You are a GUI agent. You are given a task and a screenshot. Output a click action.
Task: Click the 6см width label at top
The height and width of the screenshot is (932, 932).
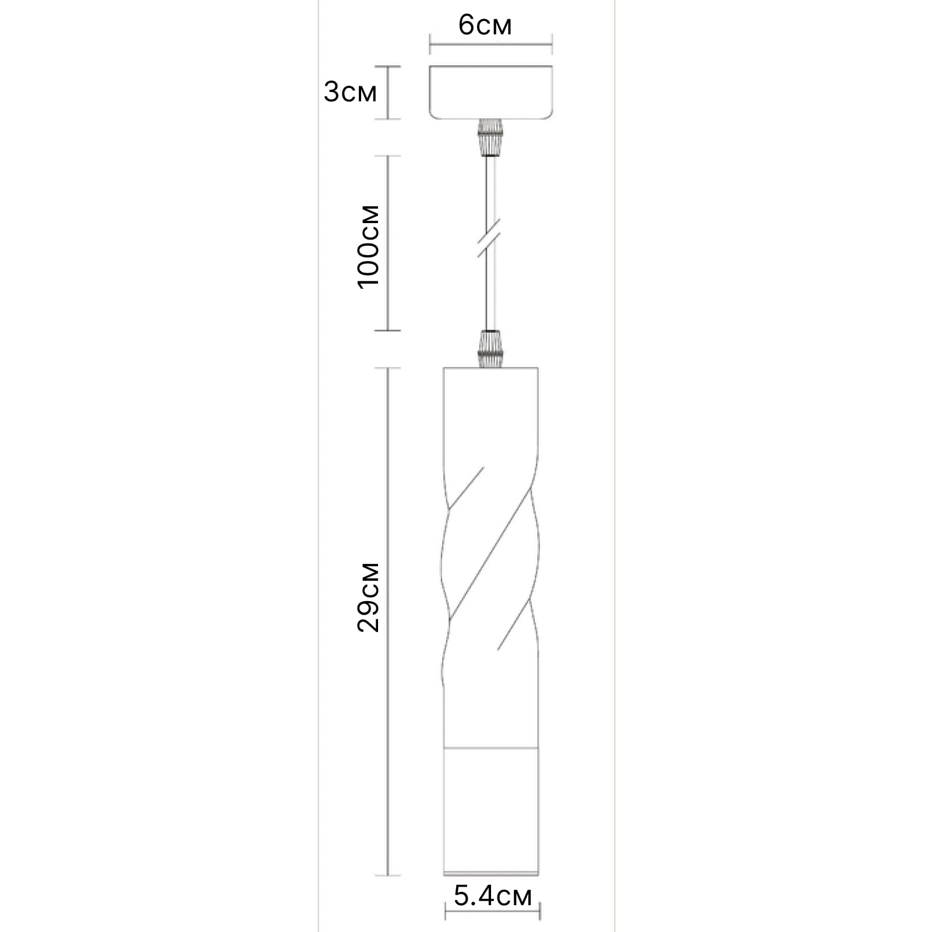pos(485,26)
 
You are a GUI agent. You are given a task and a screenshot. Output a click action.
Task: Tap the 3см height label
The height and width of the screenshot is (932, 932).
pos(350,92)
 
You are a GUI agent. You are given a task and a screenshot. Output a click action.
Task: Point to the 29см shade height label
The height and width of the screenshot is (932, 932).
pos(368,597)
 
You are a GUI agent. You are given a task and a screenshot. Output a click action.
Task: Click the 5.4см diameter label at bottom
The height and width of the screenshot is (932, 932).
pos(493,896)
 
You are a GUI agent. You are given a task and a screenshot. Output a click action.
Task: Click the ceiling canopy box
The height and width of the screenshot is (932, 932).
pos(490,93)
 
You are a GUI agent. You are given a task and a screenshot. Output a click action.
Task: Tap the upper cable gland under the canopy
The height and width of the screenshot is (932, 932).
pos(490,138)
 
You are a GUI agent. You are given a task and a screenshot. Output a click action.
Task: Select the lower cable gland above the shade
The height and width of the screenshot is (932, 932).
pos(490,348)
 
